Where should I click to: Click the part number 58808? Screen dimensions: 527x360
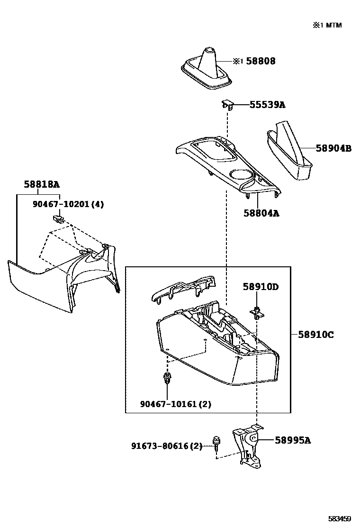click(260, 61)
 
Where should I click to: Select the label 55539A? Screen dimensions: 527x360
click(267, 105)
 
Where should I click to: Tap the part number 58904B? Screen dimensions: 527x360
click(333, 148)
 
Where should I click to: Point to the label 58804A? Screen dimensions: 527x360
click(261, 213)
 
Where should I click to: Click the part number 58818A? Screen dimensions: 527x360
click(42, 184)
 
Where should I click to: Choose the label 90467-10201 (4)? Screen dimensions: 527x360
click(68, 204)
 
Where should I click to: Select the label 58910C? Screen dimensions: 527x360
click(316, 335)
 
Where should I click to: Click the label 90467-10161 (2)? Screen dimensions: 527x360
click(176, 404)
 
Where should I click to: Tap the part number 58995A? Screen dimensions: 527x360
click(293, 440)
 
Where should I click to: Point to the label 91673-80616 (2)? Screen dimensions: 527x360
click(167, 446)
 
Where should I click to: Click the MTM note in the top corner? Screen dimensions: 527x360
click(326, 25)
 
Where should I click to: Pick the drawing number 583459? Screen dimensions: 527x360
click(341, 518)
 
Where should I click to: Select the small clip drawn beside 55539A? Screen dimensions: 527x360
click(227, 104)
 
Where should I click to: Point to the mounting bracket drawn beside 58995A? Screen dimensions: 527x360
click(248, 445)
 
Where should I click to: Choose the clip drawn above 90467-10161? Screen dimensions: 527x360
click(167, 379)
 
